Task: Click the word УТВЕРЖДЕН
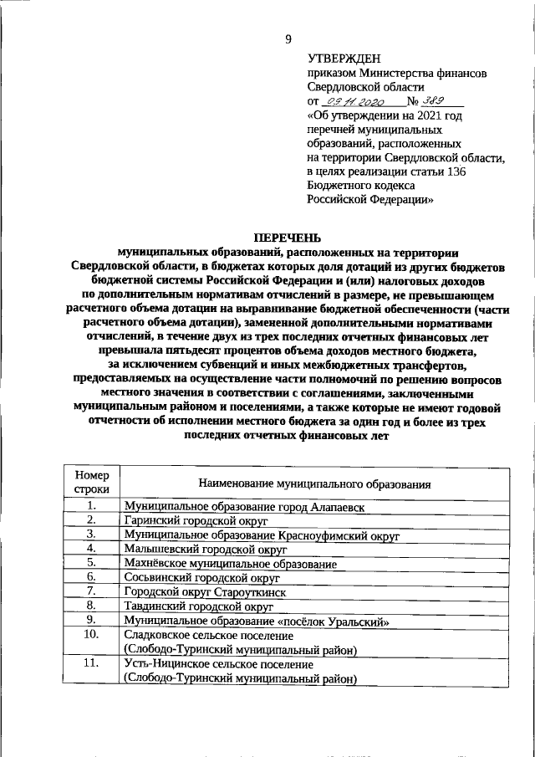coord(344,58)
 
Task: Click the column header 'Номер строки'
coord(91,483)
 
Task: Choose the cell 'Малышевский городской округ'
coord(205,550)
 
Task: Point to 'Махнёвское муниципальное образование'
coord(230,565)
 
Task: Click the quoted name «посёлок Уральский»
coord(333,621)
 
